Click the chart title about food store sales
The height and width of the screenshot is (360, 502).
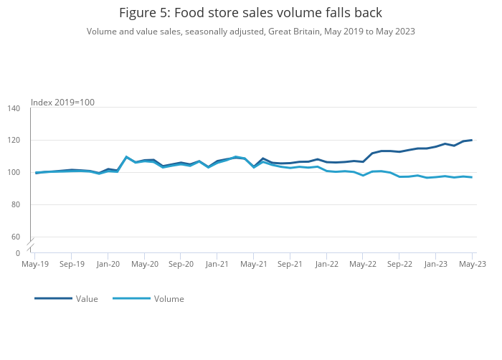point(250,13)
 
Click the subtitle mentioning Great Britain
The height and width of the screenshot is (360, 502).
point(250,32)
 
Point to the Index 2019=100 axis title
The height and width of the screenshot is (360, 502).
point(62,103)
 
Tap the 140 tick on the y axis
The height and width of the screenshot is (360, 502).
point(14,108)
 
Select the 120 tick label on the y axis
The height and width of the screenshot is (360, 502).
point(14,141)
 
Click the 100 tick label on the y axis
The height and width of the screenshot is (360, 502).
point(14,173)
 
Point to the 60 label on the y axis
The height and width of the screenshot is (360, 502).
point(16,237)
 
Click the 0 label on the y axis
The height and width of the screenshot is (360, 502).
point(18,253)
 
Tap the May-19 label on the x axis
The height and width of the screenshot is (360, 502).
point(35,264)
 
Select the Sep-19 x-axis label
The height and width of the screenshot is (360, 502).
point(71,264)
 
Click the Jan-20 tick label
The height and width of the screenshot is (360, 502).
point(108,264)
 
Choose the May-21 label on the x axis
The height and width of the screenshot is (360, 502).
point(253,264)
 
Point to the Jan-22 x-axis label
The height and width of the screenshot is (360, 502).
point(326,264)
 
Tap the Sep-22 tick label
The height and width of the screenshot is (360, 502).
point(399,264)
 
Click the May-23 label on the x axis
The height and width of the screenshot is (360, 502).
point(472,264)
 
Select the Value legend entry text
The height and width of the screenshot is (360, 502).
point(87,299)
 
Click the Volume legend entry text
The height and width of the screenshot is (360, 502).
point(169,299)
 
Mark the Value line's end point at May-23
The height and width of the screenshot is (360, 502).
point(472,140)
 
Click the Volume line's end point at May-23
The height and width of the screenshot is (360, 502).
point(472,177)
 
